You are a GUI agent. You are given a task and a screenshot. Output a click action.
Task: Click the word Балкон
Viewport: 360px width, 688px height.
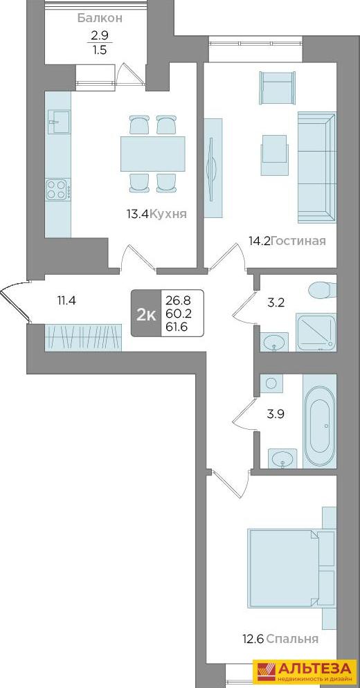pos(100,19)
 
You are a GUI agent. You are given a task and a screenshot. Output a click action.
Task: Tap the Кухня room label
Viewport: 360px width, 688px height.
pos(168,214)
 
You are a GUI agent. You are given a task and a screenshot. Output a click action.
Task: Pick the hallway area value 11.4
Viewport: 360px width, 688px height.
pos(67,301)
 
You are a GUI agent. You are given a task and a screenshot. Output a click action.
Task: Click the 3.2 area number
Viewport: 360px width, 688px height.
pos(276,302)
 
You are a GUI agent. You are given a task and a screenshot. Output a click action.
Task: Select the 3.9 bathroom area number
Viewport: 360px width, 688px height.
pos(276,413)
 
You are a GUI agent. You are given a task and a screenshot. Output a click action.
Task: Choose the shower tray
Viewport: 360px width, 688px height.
pos(316,332)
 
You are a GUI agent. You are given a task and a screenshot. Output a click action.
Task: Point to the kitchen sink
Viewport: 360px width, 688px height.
pos(58,122)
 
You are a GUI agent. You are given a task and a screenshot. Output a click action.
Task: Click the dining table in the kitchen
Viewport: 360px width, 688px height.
pos(153,154)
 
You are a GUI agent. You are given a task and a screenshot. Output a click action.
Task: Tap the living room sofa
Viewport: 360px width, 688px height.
pos(316,168)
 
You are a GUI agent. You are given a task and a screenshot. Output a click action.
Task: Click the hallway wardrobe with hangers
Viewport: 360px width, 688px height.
pos(83,337)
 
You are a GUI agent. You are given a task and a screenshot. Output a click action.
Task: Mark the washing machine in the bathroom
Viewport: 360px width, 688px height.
pos(272,383)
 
